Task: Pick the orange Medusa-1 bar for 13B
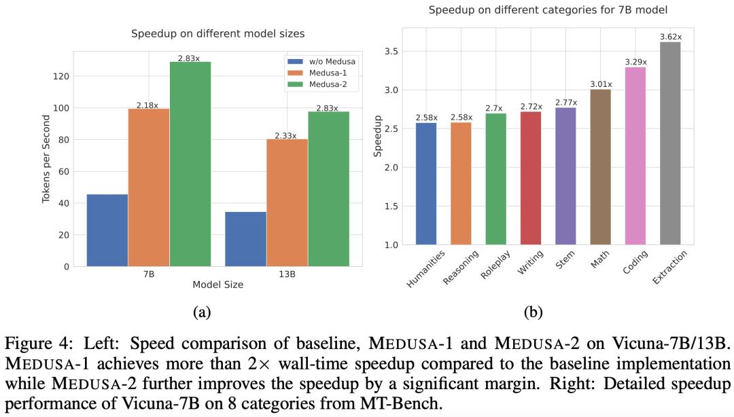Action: (287, 203)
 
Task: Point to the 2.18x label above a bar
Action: (147, 105)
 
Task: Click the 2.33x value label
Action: (286, 136)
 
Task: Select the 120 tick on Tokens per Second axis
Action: (60, 77)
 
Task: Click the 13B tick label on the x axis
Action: (287, 274)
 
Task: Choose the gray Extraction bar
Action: (669, 143)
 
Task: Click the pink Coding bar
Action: (635, 156)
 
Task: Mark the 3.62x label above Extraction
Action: (669, 37)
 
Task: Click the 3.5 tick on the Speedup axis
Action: (389, 52)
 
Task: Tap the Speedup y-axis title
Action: (378, 136)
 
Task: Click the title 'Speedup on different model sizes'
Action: (217, 33)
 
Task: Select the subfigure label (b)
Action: (533, 312)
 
